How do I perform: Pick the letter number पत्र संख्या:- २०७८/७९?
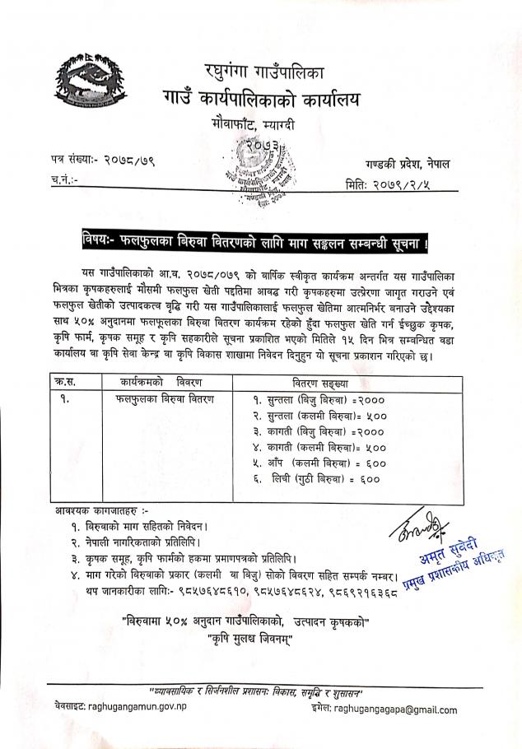(103, 160)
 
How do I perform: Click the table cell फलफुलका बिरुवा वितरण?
(165, 398)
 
